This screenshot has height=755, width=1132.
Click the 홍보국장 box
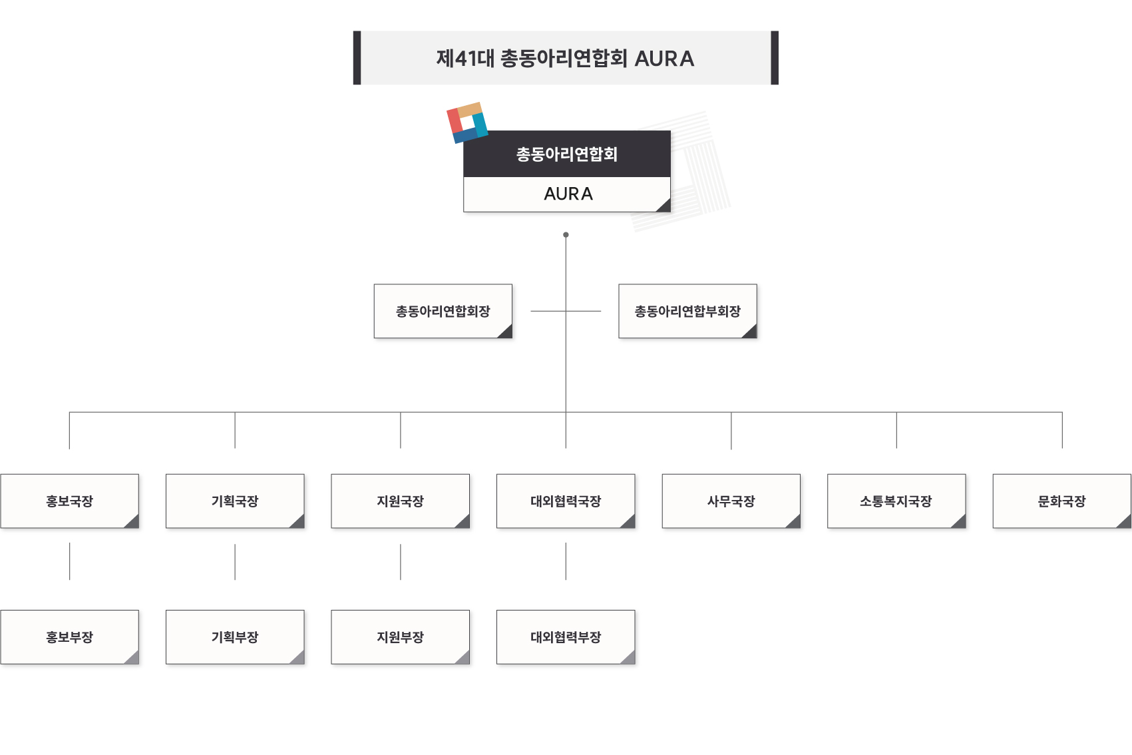[x=70, y=501]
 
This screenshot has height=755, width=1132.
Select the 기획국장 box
[x=235, y=501]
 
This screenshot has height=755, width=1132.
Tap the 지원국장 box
[x=401, y=501]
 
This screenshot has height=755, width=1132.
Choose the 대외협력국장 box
[x=566, y=501]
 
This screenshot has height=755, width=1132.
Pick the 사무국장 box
[x=731, y=501]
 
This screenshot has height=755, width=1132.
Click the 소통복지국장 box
[x=896, y=501]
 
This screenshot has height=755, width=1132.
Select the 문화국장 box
[x=1061, y=501]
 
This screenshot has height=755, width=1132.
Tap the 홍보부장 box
[x=70, y=637]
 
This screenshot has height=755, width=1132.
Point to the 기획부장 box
[x=235, y=637]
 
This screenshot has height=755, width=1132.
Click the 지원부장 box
[x=401, y=637]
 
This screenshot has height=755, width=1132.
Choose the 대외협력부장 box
[x=566, y=637]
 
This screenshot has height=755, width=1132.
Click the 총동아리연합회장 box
[x=443, y=312]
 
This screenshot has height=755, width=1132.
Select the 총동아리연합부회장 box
[x=687, y=312]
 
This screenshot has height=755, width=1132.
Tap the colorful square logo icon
[x=467, y=123]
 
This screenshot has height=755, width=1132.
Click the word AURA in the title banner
[x=664, y=59]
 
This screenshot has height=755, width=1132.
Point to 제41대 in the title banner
[x=465, y=59]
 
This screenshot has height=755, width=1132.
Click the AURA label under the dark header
[x=568, y=194]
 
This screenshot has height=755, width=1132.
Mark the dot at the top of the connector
[x=566, y=235]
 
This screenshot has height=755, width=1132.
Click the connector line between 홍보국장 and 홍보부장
[x=70, y=561]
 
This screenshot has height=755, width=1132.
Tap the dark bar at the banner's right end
[x=775, y=58]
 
